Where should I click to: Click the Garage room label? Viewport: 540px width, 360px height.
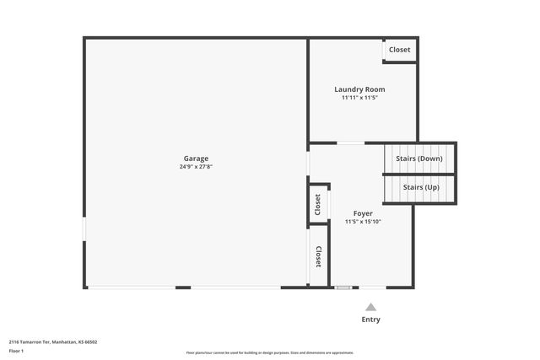(196, 159)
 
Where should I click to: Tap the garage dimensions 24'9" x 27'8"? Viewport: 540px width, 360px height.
(196, 167)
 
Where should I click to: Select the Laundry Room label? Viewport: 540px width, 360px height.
(359, 89)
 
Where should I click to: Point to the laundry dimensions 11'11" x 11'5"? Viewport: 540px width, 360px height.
(359, 98)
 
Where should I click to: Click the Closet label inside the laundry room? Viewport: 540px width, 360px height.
(399, 50)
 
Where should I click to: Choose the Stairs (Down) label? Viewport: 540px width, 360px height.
(419, 159)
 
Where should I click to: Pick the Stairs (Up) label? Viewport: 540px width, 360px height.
(420, 187)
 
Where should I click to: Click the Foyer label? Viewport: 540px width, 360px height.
(363, 213)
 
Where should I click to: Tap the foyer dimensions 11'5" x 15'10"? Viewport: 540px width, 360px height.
(363, 222)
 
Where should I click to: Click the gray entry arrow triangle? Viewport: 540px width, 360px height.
(370, 307)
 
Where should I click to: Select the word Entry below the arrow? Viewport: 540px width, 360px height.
(370, 320)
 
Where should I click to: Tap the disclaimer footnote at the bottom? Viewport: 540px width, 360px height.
(269, 352)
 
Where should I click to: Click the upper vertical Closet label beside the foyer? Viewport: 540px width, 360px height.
(317, 204)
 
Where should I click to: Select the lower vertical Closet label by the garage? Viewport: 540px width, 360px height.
(318, 256)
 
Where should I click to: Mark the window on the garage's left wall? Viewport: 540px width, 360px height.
(84, 229)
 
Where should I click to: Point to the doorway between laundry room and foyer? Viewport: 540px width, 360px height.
(351, 142)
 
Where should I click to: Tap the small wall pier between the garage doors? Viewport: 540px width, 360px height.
(183, 287)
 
